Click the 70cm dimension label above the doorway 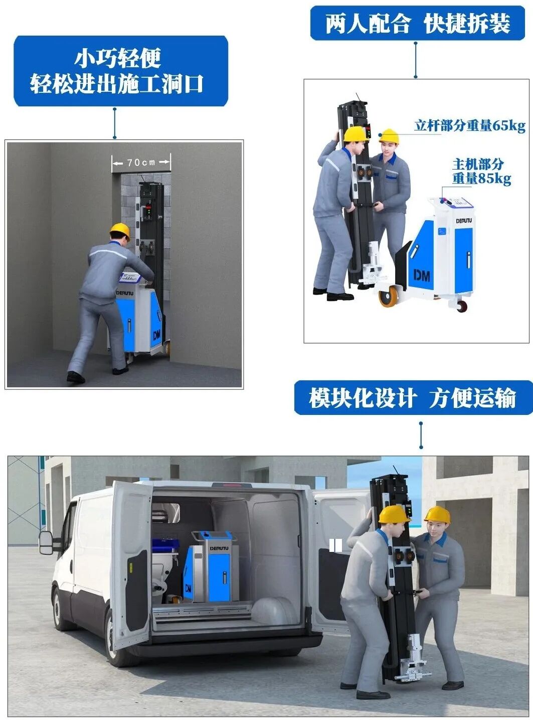coord(141,162)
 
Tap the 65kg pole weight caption coord(469,125)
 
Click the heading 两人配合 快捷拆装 coord(418,24)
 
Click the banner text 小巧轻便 coord(118,59)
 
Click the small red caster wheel coord(462,306)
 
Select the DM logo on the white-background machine coord(422,276)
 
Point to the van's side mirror coord(46,542)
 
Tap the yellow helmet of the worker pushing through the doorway coord(120,231)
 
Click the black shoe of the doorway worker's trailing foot coord(76,377)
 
